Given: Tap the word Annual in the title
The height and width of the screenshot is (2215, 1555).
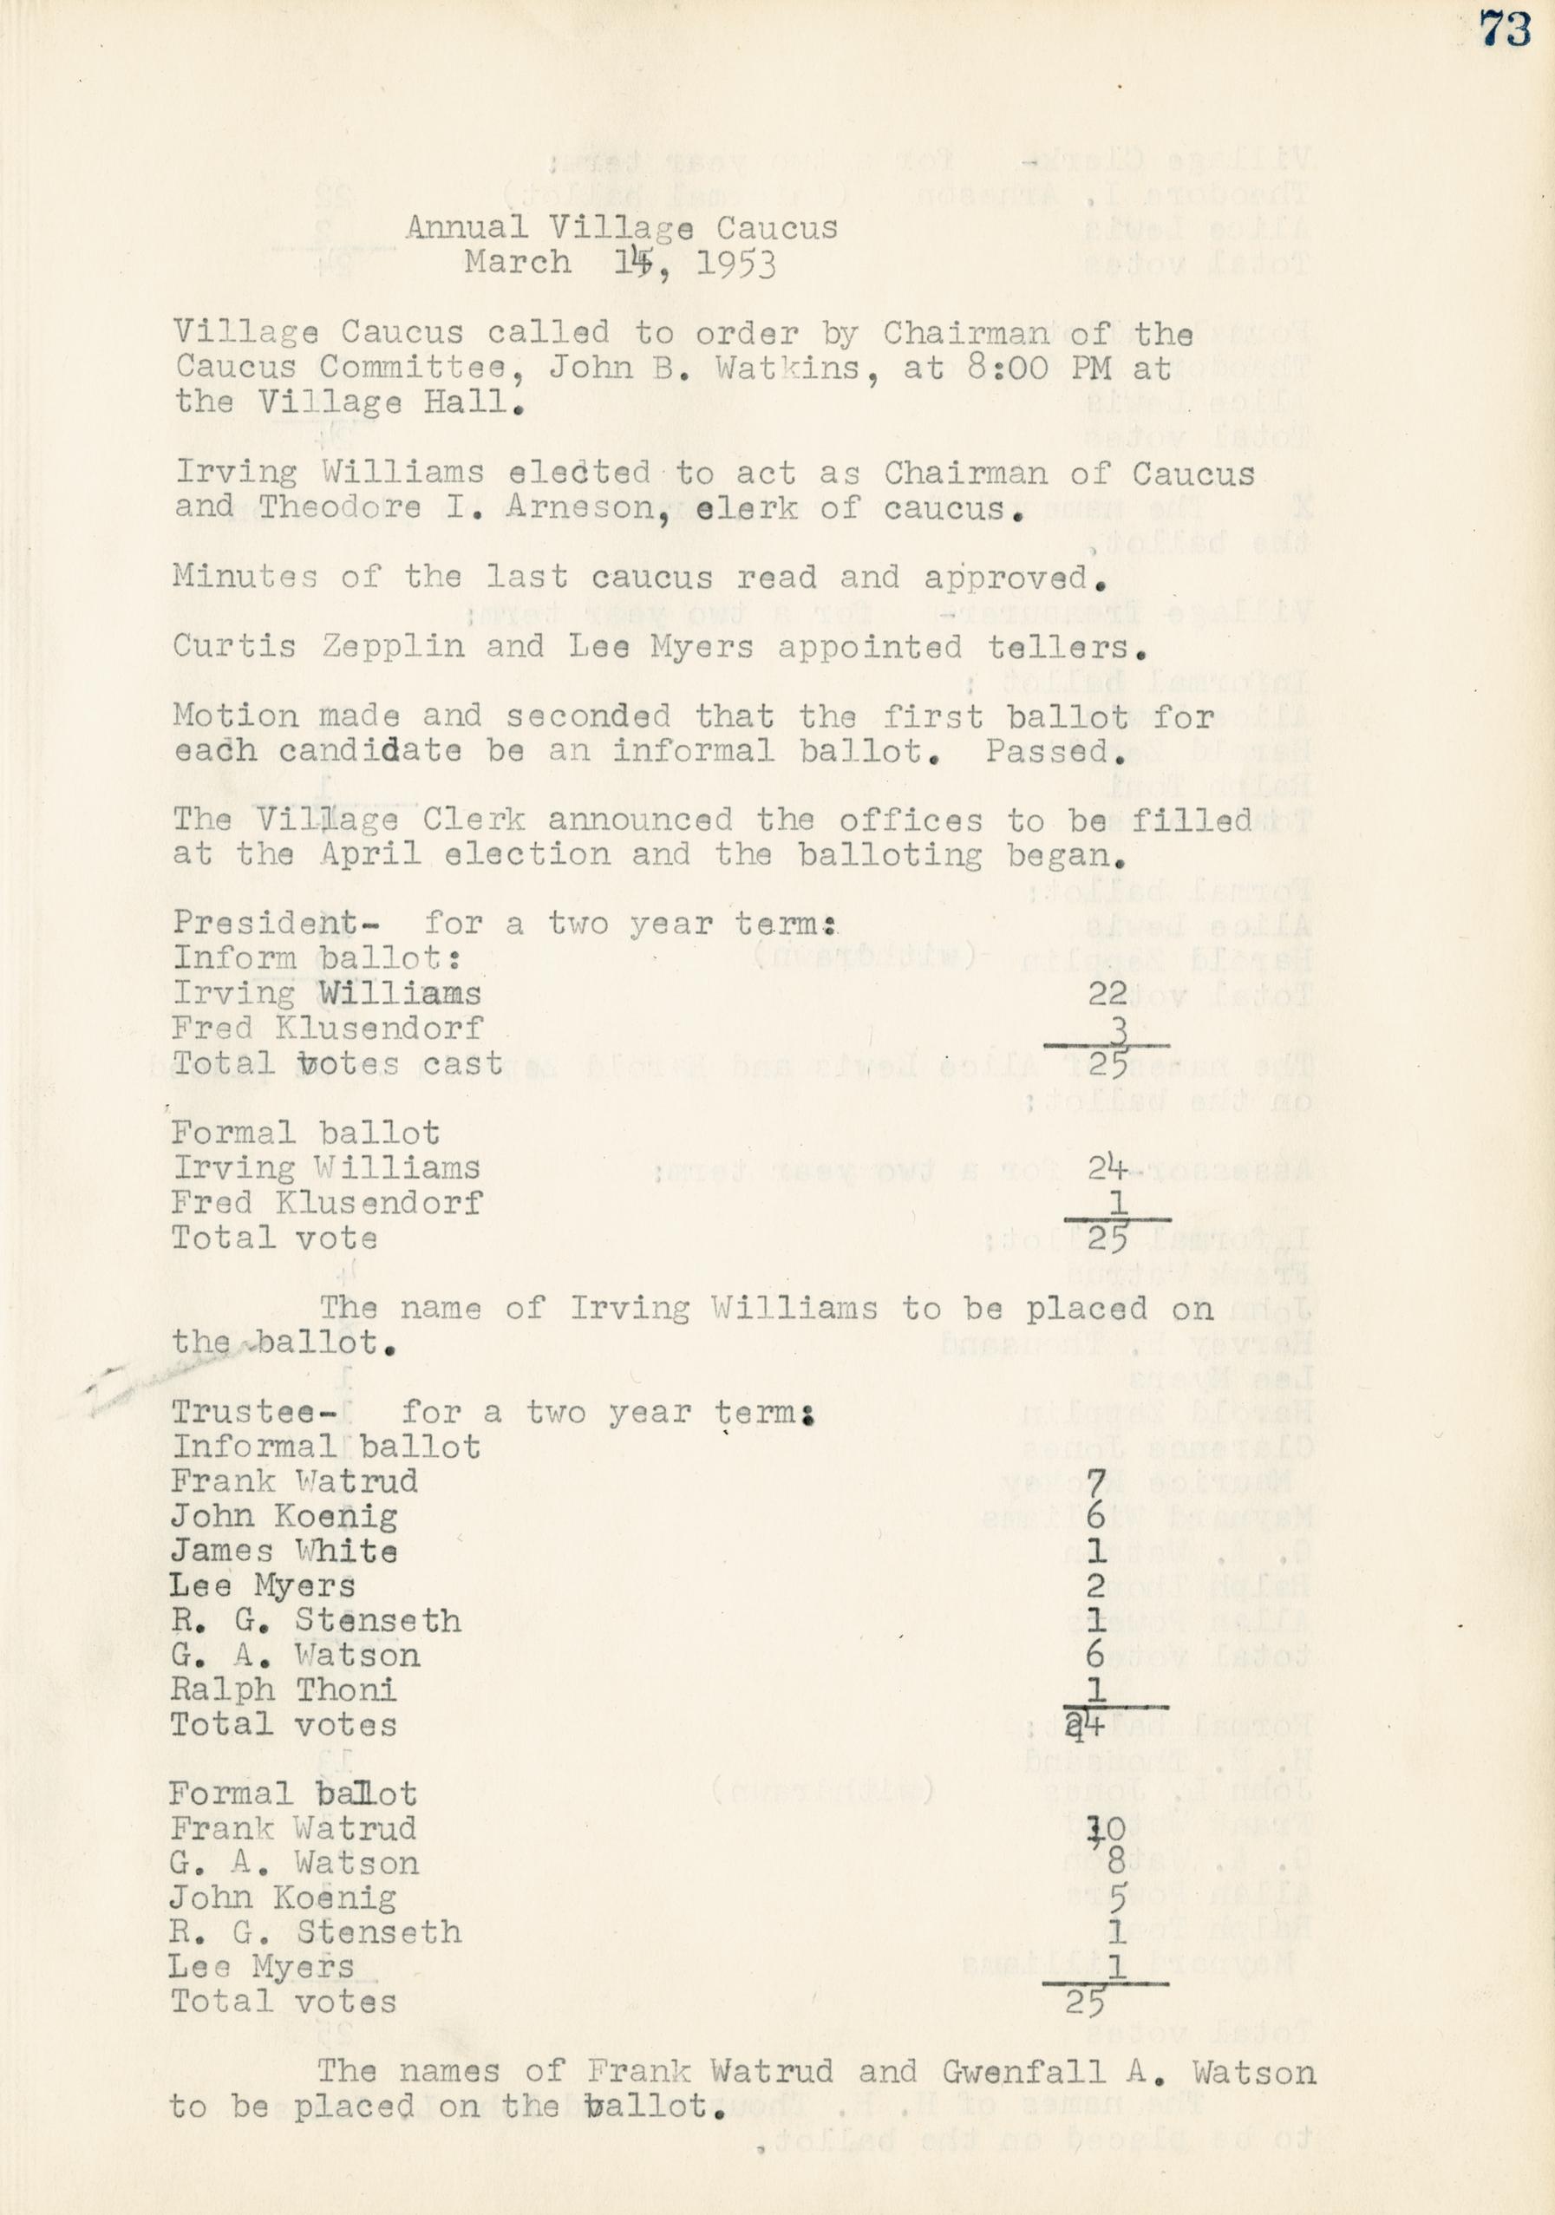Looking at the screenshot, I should pos(465,228).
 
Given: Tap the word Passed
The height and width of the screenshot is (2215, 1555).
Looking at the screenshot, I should pos(1055,750).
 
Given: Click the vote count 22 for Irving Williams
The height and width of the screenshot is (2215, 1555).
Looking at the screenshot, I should pos(1107,993).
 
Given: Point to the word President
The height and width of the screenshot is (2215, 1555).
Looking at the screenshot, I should pos(265,924).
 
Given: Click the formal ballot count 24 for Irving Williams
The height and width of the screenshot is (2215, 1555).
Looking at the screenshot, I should pos(1107,1168).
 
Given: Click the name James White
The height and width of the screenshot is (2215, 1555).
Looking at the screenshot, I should pos(284,1552).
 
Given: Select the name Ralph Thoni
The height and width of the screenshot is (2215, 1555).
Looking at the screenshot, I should pos(284,1690).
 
